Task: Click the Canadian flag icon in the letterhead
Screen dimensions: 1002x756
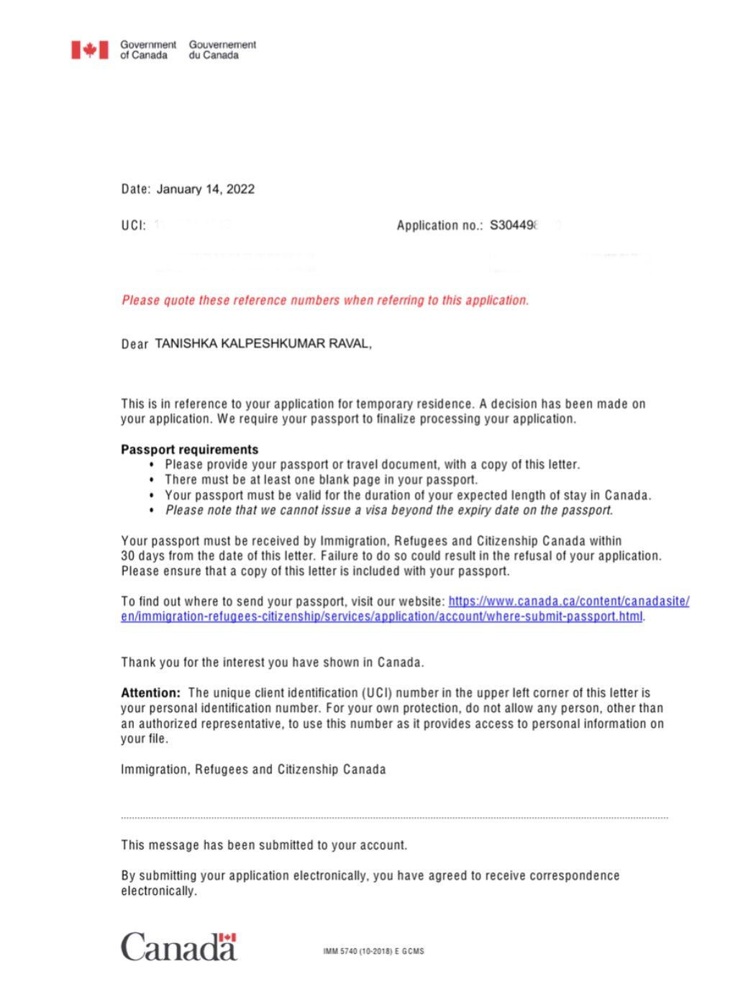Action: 89,50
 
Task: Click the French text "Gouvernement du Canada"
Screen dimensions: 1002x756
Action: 222,50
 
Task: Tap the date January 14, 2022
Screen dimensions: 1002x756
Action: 205,189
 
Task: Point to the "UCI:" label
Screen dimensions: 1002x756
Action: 133,225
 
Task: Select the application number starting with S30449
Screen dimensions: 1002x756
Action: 513,225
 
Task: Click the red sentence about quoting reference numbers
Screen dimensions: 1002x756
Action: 325,300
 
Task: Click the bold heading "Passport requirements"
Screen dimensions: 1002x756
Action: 189,450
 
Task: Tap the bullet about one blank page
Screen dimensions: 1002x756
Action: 321,480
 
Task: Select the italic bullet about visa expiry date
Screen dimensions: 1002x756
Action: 389,510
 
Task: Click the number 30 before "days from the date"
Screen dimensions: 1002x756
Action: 128,556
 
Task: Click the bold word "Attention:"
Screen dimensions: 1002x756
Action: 150,693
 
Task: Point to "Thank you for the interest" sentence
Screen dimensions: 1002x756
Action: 272,662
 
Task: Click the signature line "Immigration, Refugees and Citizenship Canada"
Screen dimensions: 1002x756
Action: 253,770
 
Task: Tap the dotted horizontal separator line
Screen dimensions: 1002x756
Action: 394,818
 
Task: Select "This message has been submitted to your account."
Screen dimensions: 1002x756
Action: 264,845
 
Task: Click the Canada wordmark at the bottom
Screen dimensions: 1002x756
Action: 178,947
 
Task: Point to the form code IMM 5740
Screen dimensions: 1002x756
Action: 373,951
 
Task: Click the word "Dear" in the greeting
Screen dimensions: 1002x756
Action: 135,344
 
